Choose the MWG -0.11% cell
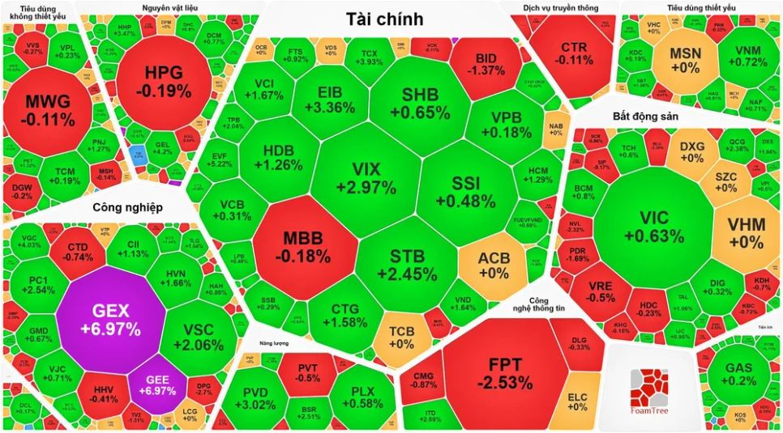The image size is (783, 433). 49,111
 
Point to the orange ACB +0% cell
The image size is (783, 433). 494,265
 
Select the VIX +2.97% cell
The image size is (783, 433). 363,179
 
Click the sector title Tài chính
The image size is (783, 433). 383,19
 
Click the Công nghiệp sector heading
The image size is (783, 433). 127,207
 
